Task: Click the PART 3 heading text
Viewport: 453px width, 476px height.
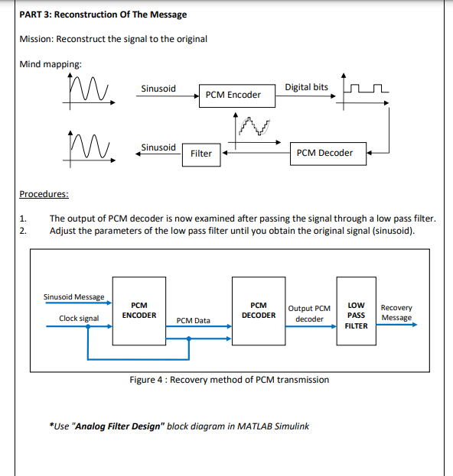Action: coord(103,15)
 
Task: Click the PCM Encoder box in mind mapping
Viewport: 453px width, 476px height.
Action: coord(233,95)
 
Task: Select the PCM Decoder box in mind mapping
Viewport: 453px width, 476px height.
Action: coord(324,153)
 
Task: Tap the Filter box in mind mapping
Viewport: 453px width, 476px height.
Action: coord(201,154)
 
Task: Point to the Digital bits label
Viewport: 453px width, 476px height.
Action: coord(306,87)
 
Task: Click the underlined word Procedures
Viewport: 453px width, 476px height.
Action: coord(44,194)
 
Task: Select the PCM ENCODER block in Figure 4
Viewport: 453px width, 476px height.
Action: coord(139,310)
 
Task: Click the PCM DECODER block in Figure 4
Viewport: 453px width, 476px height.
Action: coord(259,310)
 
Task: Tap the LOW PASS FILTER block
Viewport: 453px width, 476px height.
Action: coord(356,315)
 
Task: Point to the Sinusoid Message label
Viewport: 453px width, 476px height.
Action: coord(73,296)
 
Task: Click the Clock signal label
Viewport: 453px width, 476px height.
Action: coord(79,318)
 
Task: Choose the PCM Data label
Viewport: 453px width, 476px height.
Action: coord(193,320)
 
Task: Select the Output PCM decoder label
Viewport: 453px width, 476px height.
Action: coord(309,313)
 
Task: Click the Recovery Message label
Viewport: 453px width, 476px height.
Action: coord(396,312)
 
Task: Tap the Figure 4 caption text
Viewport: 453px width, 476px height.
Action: coord(230,380)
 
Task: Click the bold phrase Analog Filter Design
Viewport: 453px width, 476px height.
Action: coord(117,426)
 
